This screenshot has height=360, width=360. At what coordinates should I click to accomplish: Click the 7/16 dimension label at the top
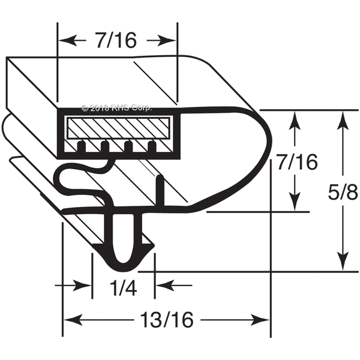[116, 40]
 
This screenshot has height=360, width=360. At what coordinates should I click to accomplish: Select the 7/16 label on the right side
[297, 163]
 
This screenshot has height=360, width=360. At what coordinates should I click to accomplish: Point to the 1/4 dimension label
[123, 287]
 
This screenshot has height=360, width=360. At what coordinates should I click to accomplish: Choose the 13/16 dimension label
[167, 320]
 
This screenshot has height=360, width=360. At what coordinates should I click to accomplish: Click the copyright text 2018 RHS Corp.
[116, 108]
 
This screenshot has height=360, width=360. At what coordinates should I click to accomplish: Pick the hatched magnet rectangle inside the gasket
[118, 128]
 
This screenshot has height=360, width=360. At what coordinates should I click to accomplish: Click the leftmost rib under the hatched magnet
[82, 147]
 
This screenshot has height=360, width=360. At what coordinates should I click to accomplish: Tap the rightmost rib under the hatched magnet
[152, 147]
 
